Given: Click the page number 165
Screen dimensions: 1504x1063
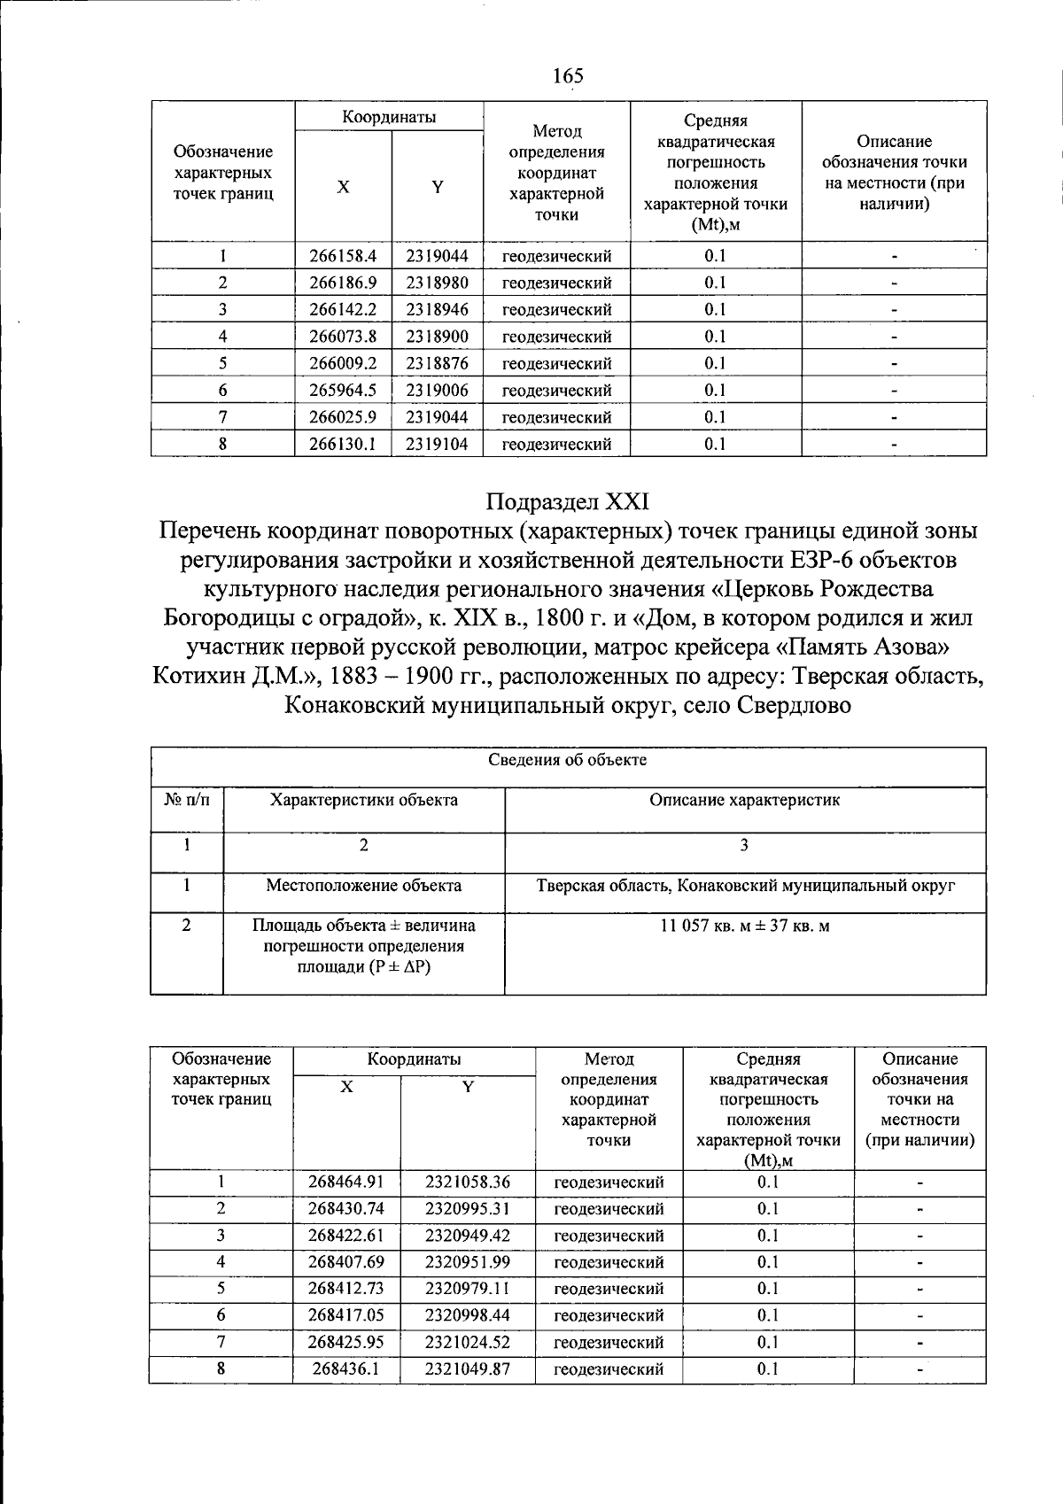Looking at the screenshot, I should pyautogui.click(x=568, y=75).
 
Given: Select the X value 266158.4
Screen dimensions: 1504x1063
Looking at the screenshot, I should pyautogui.click(x=343, y=256).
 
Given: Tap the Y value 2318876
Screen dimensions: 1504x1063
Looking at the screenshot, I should pyautogui.click(x=437, y=363).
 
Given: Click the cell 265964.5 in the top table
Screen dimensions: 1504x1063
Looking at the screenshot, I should pyautogui.click(x=343, y=390).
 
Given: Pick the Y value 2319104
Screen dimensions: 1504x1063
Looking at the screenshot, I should pyautogui.click(x=437, y=444).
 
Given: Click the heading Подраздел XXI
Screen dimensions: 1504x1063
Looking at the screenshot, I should pyautogui.click(x=568, y=501).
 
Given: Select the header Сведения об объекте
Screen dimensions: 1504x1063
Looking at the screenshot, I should pyautogui.click(x=568, y=760).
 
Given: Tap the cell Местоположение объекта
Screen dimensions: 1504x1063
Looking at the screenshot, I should pyautogui.click(x=363, y=885).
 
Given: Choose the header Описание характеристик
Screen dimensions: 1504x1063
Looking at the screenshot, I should pyautogui.click(x=744, y=800).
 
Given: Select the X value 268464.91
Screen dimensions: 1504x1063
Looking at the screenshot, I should pyautogui.click(x=346, y=1182).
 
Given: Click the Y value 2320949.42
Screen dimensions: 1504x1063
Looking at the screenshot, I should pyautogui.click(x=468, y=1235).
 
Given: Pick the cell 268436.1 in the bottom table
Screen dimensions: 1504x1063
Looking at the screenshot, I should pyautogui.click(x=346, y=1368).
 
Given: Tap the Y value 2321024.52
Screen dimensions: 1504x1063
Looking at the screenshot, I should pyautogui.click(x=468, y=1342).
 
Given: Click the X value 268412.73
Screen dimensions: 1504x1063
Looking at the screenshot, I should pyautogui.click(x=346, y=1289).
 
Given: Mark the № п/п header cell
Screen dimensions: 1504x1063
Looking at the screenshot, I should pyautogui.click(x=187, y=800).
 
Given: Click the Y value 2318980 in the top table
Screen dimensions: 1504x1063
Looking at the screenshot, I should pyautogui.click(x=437, y=283).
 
